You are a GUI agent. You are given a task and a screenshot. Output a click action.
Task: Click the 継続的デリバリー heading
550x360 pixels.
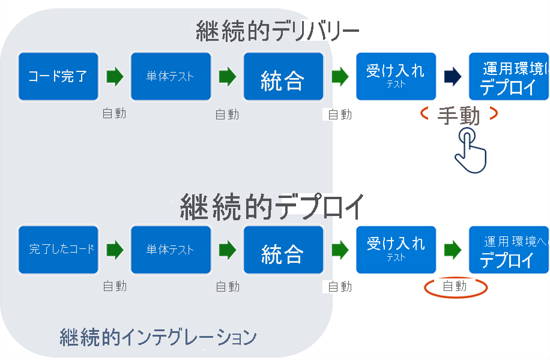tap(277, 31)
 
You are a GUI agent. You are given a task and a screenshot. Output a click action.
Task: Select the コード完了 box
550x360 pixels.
tap(58, 76)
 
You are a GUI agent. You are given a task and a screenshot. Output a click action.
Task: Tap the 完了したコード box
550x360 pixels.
tap(58, 249)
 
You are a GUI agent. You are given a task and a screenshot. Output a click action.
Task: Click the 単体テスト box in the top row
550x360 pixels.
tap(171, 76)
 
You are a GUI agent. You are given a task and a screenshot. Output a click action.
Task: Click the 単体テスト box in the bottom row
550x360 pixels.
tap(171, 249)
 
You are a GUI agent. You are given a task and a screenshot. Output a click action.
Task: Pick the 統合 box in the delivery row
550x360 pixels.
tap(283, 77)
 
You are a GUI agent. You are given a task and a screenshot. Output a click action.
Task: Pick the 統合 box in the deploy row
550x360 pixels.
tap(283, 250)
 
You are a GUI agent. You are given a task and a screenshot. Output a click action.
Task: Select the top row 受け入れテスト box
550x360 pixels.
tap(396, 76)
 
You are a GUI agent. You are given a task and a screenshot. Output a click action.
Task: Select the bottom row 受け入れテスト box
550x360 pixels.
tap(396, 249)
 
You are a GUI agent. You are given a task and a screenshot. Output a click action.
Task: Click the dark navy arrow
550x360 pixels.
tap(453, 76)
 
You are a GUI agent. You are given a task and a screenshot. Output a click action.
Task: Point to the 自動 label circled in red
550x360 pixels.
tap(455, 286)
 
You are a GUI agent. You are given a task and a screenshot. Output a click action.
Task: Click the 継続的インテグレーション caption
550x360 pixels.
tap(158, 337)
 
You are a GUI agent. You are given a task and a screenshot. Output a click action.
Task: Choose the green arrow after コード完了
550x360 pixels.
tap(115, 76)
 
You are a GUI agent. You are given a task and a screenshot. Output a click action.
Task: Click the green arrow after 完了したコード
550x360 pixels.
tap(115, 249)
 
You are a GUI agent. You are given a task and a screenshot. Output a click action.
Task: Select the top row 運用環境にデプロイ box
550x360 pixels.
tap(509, 76)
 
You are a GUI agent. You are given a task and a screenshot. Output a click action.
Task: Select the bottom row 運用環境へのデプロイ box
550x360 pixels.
tap(509, 249)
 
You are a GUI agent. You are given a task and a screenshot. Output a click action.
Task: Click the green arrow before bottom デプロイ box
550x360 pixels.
tap(453, 249)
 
